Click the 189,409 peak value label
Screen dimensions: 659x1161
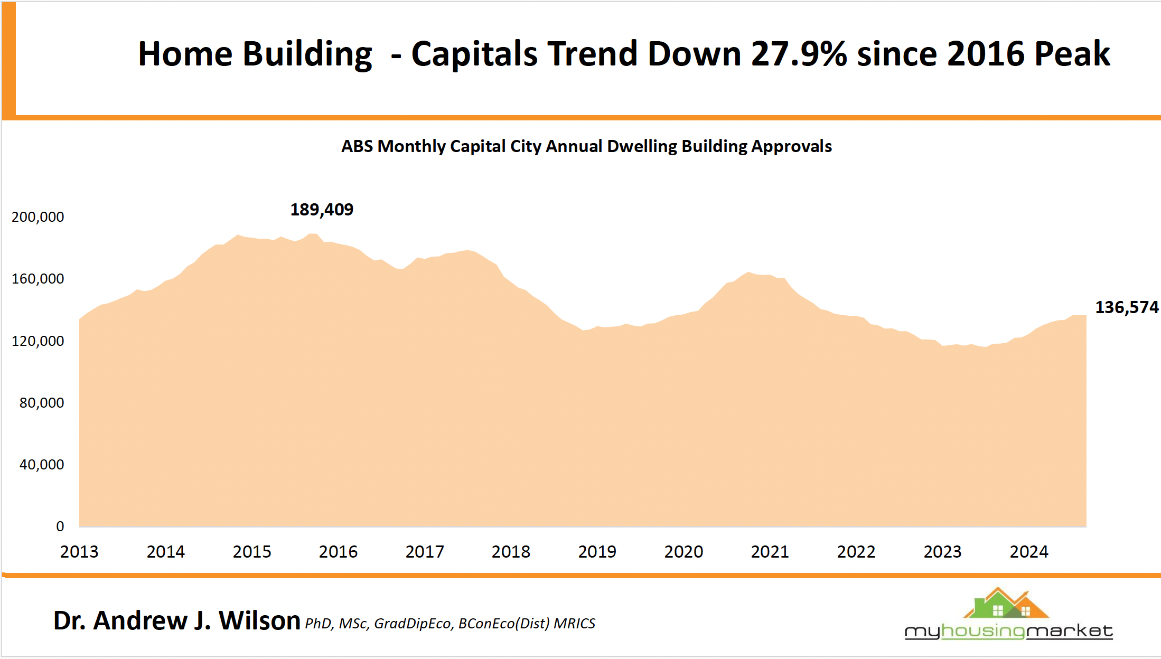click(322, 210)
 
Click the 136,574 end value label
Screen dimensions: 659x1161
click(1126, 307)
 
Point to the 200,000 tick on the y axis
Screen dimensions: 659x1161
click(38, 217)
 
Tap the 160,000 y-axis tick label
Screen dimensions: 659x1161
click(38, 279)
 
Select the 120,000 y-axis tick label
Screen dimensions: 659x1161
click(38, 341)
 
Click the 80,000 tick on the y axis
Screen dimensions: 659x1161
click(41, 403)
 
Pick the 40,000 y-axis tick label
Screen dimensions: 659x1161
click(41, 465)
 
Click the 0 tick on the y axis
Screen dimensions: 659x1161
click(60, 526)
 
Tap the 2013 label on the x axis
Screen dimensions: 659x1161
click(79, 552)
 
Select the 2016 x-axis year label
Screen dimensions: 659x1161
click(338, 552)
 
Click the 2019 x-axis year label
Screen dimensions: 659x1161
click(597, 552)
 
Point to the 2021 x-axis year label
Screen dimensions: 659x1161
click(770, 552)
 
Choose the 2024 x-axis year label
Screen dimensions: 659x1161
click(1028, 552)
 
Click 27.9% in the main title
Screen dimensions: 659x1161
click(799, 54)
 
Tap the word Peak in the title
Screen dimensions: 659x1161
click(1072, 54)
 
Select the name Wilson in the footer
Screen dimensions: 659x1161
click(259, 620)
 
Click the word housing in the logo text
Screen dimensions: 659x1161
click(983, 631)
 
